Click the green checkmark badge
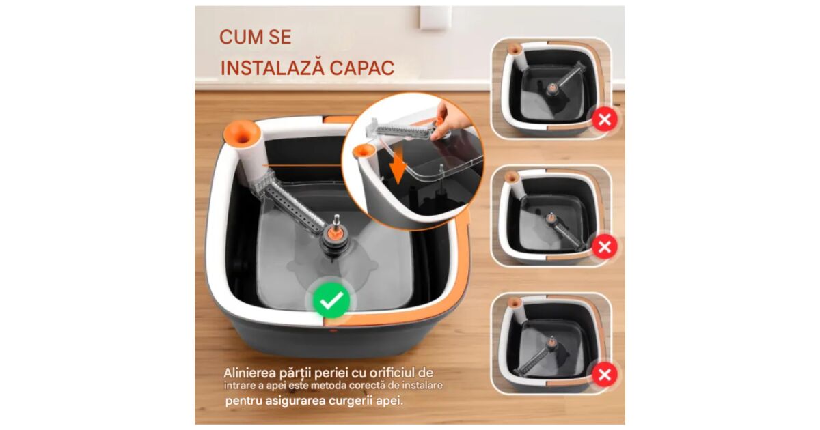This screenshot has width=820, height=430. coord(331,300)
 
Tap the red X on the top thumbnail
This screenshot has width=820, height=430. coord(605,119)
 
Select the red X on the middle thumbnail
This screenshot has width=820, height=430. coord(605,247)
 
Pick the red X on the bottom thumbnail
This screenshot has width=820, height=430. coord(605,375)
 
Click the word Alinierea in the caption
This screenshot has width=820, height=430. coord(249,373)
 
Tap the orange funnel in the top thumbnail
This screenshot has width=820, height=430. coord(515,48)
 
